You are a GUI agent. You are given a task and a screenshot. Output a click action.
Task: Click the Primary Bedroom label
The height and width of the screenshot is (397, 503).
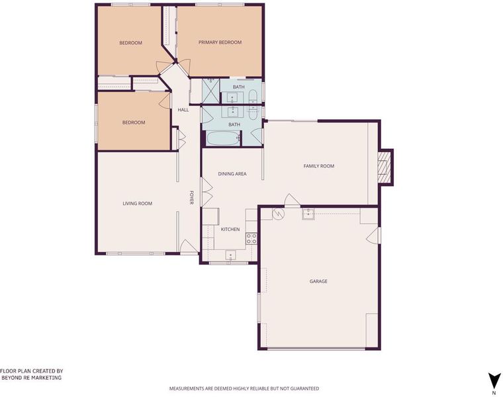click(220, 42)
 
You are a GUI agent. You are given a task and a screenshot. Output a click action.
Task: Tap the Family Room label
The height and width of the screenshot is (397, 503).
click(319, 166)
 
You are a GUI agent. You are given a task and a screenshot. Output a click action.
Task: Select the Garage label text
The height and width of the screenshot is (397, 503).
click(318, 281)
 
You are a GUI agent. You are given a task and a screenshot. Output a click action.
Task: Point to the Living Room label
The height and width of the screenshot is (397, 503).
click(137, 203)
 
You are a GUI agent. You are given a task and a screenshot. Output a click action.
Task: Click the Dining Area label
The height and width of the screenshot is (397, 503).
click(232, 174)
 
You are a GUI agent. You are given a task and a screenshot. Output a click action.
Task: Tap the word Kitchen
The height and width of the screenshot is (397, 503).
click(230, 230)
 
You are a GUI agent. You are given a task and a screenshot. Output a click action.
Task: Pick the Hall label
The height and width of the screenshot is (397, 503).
click(183, 110)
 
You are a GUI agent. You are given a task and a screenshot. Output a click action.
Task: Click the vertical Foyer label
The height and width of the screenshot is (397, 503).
click(191, 198)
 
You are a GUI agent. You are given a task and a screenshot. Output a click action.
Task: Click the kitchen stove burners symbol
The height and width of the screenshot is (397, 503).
click(251, 238)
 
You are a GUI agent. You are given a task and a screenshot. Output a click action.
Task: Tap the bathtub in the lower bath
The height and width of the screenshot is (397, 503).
click(223, 138)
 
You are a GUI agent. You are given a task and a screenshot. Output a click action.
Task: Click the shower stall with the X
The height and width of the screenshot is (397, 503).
click(210, 91)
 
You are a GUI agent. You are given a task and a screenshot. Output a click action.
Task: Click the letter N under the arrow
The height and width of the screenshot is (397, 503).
click(494, 393)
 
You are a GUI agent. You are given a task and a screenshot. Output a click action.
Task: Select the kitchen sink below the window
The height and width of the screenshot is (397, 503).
click(230, 255)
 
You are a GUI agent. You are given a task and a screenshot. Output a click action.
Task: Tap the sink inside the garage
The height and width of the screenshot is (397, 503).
click(308, 214)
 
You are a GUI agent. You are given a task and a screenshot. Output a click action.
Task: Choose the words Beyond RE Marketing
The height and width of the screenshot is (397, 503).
click(32, 377)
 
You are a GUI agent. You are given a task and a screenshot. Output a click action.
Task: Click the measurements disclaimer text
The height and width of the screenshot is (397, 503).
click(244, 388)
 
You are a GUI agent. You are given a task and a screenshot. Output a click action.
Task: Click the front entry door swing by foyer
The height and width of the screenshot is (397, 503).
click(189, 246)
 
